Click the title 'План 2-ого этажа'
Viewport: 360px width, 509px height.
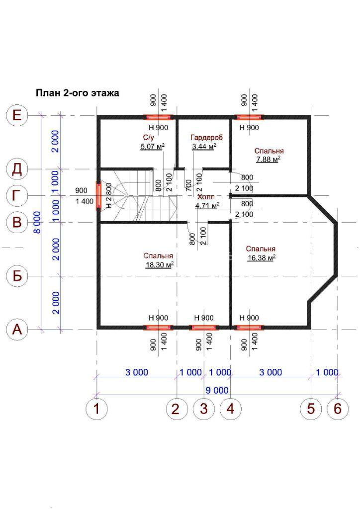coord(77,93)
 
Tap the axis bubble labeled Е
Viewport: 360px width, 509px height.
coord(17,115)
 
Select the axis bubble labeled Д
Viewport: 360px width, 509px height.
coord(17,169)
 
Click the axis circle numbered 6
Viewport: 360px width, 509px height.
coord(338,409)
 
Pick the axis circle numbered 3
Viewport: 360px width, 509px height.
coord(203,409)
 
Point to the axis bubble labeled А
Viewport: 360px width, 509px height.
coord(17,330)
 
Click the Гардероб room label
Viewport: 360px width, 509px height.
coord(207,137)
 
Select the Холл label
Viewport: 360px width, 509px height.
coord(206,197)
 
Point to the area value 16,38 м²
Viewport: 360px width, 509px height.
coord(262,258)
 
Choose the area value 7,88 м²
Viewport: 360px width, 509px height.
coord(268,160)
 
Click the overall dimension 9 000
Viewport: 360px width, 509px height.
coord(217,390)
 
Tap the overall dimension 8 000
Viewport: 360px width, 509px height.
coord(38,222)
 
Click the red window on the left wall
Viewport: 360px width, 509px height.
coord(98,196)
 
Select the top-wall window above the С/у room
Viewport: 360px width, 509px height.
coord(158,117)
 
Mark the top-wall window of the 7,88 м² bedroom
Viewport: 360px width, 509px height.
coord(249,117)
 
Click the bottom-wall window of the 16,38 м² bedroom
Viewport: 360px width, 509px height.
coord(249,327)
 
